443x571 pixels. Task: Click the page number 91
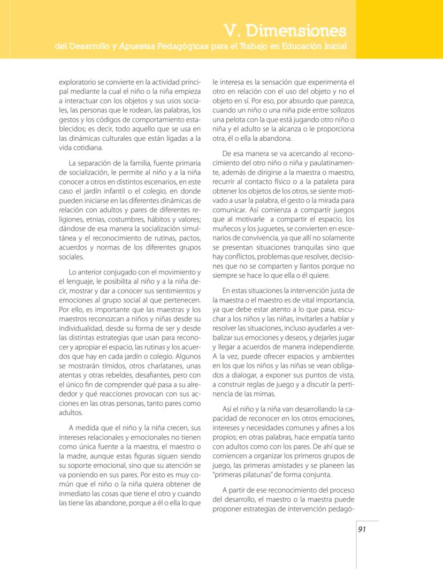(x=362, y=529)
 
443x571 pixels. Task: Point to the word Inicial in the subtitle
(x=334, y=47)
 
